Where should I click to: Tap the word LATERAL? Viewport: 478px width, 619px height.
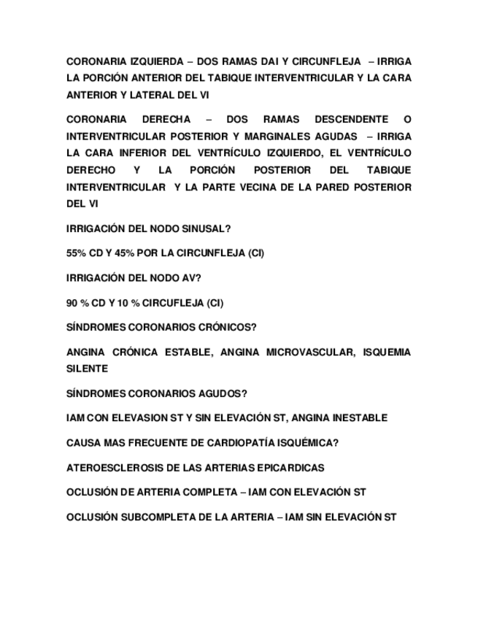[x=148, y=95]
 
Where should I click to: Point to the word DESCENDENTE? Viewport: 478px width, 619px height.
[x=350, y=119]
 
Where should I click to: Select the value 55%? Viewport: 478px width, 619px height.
[x=76, y=253]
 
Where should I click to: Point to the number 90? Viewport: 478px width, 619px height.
[x=72, y=303]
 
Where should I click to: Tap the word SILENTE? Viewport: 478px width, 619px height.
[x=87, y=369]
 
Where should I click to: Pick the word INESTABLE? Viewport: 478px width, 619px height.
[x=356, y=418]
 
